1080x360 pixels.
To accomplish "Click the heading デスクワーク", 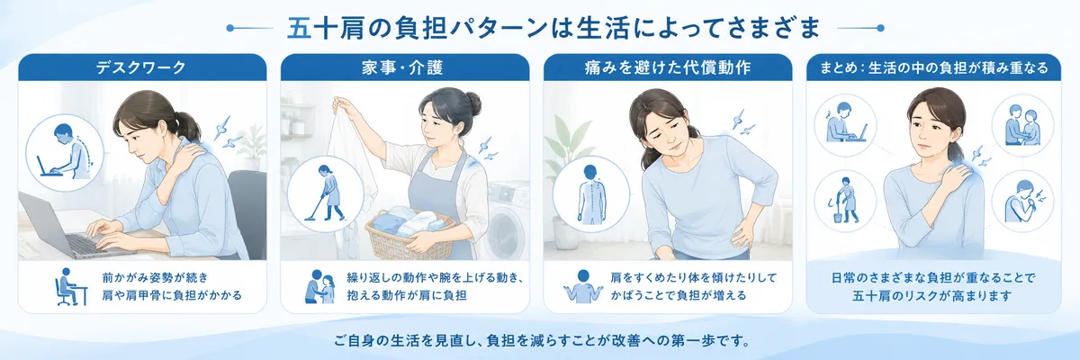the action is click(x=140, y=67).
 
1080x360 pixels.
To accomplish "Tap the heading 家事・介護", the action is click(x=402, y=67).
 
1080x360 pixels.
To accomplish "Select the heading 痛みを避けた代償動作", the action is click(x=668, y=67).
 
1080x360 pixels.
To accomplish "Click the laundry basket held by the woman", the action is click(x=409, y=235).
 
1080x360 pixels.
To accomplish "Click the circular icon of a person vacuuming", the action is click(x=326, y=193).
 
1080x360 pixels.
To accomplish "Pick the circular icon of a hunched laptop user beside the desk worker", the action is click(x=65, y=153).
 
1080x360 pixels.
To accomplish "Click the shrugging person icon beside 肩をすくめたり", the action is click(x=583, y=286).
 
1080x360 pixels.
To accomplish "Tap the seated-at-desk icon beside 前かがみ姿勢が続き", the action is click(x=70, y=287).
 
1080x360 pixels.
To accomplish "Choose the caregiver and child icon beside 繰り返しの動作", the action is click(x=320, y=287).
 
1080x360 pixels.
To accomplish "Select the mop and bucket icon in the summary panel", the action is click(x=845, y=201).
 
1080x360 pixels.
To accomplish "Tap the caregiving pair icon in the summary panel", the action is click(x=1022, y=125).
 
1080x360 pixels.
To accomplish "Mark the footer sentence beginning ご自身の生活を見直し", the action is click(x=542, y=341).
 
